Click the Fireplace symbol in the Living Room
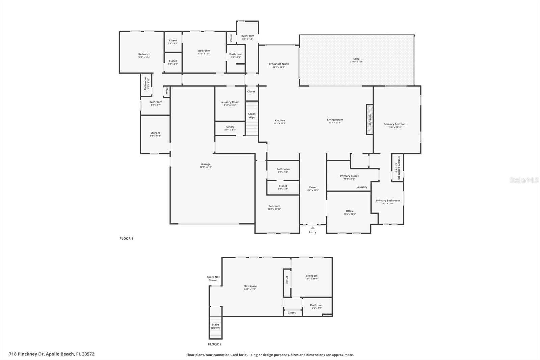coord(370,120)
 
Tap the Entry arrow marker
coord(313,228)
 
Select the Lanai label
coord(357,59)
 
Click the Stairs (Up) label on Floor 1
coord(252,115)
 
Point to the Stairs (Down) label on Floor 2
coord(215,326)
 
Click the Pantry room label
coord(230,127)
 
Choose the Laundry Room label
coord(230,102)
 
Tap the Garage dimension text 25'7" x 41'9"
coord(206,168)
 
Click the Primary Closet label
coord(349,176)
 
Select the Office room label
coord(350,211)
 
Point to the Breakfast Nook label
coord(279,64)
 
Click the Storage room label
coord(155,133)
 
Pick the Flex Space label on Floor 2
coord(250,286)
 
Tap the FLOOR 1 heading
coord(126,238)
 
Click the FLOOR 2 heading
coord(215,344)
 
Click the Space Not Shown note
coord(213,278)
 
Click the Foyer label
coord(313,187)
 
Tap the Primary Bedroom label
coord(395,124)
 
